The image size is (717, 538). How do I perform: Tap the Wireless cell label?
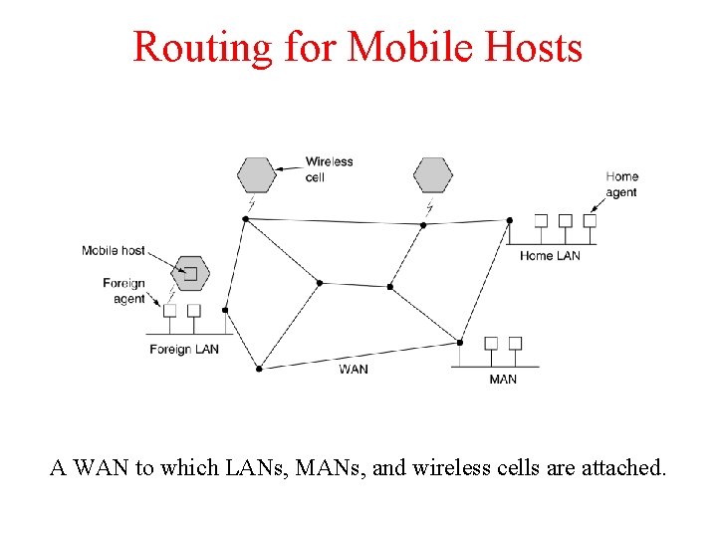329,169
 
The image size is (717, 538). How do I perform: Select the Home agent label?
622,184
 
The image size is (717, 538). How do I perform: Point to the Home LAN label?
550,256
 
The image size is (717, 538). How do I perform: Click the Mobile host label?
113,251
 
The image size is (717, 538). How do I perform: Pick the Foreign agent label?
124,291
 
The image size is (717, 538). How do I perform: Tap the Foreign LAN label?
184,350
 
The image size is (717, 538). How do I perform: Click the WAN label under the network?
354,370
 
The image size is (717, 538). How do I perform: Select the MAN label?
503,380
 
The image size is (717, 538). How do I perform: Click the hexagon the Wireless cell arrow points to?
256,175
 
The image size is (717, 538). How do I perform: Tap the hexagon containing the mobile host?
188,272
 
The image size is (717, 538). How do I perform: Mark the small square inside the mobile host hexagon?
190,273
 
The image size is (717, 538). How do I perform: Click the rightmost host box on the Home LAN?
590,220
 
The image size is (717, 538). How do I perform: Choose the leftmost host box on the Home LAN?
542,220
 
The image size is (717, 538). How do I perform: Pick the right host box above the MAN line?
516,344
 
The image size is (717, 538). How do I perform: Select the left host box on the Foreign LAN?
169,311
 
